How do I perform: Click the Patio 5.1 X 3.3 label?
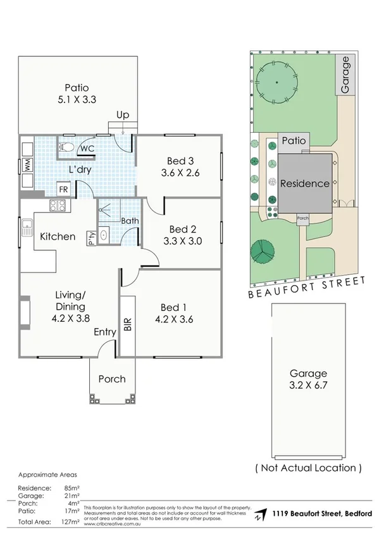pos(76,99)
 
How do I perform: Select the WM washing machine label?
pos(27,166)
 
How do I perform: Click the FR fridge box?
pos(63,189)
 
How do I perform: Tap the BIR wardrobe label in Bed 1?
pos(127,325)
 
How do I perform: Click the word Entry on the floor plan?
pos(105,332)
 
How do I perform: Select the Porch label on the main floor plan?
pos(111,379)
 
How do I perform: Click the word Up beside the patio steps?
pos(123,115)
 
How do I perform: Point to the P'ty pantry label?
pos(92,238)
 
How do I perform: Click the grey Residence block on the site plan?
pos(305,184)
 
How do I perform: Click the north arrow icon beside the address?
pos(258,516)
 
